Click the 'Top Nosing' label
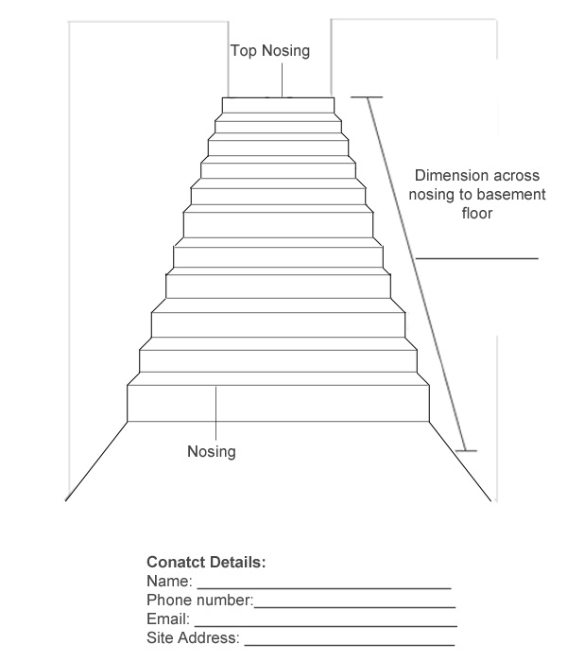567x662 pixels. [x=270, y=51]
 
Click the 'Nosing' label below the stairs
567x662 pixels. [x=212, y=451]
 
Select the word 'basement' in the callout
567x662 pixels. [x=512, y=194]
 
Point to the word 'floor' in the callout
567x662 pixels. [x=476, y=213]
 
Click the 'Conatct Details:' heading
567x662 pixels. [x=206, y=562]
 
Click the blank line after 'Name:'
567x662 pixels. [x=324, y=587]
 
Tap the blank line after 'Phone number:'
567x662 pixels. [x=354, y=607]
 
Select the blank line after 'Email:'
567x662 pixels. [x=326, y=626]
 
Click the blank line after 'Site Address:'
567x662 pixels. [x=350, y=645]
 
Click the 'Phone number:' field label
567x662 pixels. [x=200, y=600]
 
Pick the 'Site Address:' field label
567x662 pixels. [x=193, y=637]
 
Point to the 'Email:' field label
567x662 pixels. [x=168, y=618]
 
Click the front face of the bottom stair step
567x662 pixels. [x=278, y=403]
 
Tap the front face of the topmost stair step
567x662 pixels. [x=278, y=105]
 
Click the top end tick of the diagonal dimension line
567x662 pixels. [x=367, y=97]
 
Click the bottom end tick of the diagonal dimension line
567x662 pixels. [x=466, y=451]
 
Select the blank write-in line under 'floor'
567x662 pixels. [x=477, y=258]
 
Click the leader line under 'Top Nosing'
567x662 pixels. [x=282, y=80]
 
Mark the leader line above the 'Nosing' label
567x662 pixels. [x=216, y=413]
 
